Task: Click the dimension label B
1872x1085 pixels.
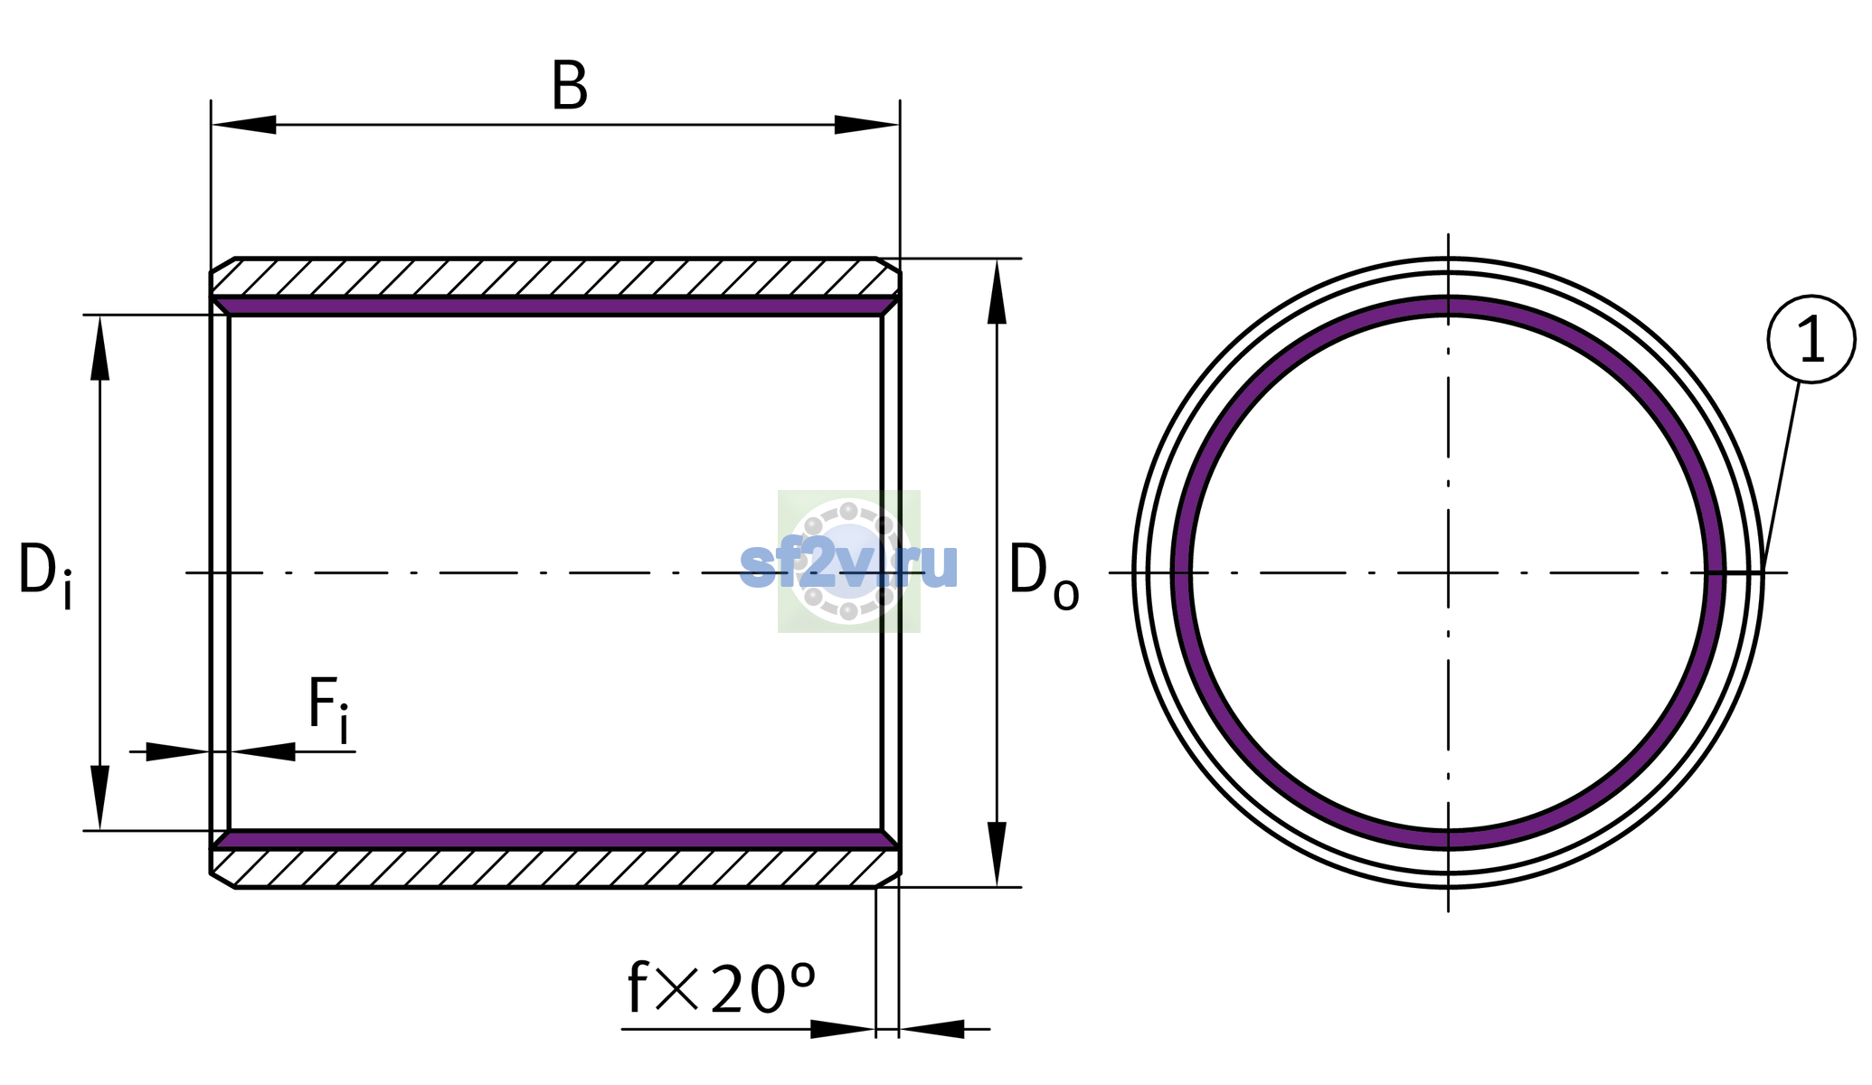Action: coord(570,87)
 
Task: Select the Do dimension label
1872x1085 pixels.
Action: coord(1044,575)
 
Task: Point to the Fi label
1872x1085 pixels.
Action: coord(328,709)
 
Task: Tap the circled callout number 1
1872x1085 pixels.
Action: coord(1811,339)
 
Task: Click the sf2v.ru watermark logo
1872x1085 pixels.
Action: coord(848,561)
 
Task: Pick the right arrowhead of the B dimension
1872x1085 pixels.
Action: coord(866,125)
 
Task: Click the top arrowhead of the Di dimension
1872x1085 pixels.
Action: coord(99,347)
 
